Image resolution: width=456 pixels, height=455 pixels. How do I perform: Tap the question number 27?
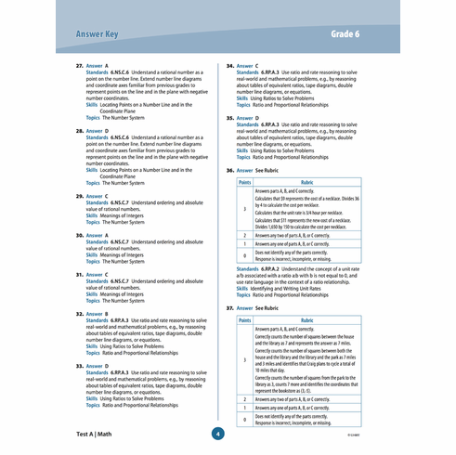coord(79,67)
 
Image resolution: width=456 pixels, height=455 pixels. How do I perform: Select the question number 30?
coord(79,236)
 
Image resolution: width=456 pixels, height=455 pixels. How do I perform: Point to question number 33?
coord(79,366)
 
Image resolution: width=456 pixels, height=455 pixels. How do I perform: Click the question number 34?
coord(230,67)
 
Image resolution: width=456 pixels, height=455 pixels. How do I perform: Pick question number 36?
coord(230,171)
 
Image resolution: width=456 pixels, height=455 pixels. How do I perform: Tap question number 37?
coord(230,305)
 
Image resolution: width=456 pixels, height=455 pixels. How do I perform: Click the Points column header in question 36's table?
coord(244,183)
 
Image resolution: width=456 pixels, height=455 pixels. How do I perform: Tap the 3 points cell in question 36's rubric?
coord(244,210)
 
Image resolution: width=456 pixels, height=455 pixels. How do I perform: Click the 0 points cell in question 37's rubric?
coord(244,420)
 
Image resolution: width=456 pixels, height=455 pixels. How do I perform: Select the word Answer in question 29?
coord(97,197)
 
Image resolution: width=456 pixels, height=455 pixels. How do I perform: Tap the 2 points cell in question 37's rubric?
coord(244,397)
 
